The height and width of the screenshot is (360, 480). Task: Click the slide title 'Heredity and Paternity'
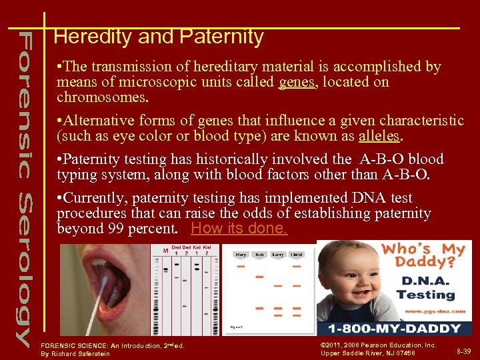(159, 37)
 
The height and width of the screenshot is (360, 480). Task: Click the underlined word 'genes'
(296, 82)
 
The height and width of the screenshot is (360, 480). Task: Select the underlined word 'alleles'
(379, 136)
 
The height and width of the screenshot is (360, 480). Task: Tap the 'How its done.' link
(239, 228)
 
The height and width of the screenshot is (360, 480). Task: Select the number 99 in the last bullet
(114, 229)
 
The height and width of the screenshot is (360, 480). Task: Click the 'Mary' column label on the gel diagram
(240, 255)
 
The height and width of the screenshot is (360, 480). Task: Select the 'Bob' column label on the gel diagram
(259, 255)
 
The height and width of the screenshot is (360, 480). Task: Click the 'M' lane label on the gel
(165, 251)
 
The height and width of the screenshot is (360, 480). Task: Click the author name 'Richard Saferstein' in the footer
(85, 353)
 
